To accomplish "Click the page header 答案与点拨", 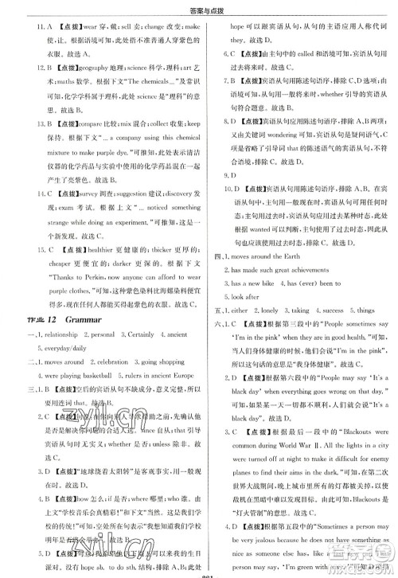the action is coord(198,9).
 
